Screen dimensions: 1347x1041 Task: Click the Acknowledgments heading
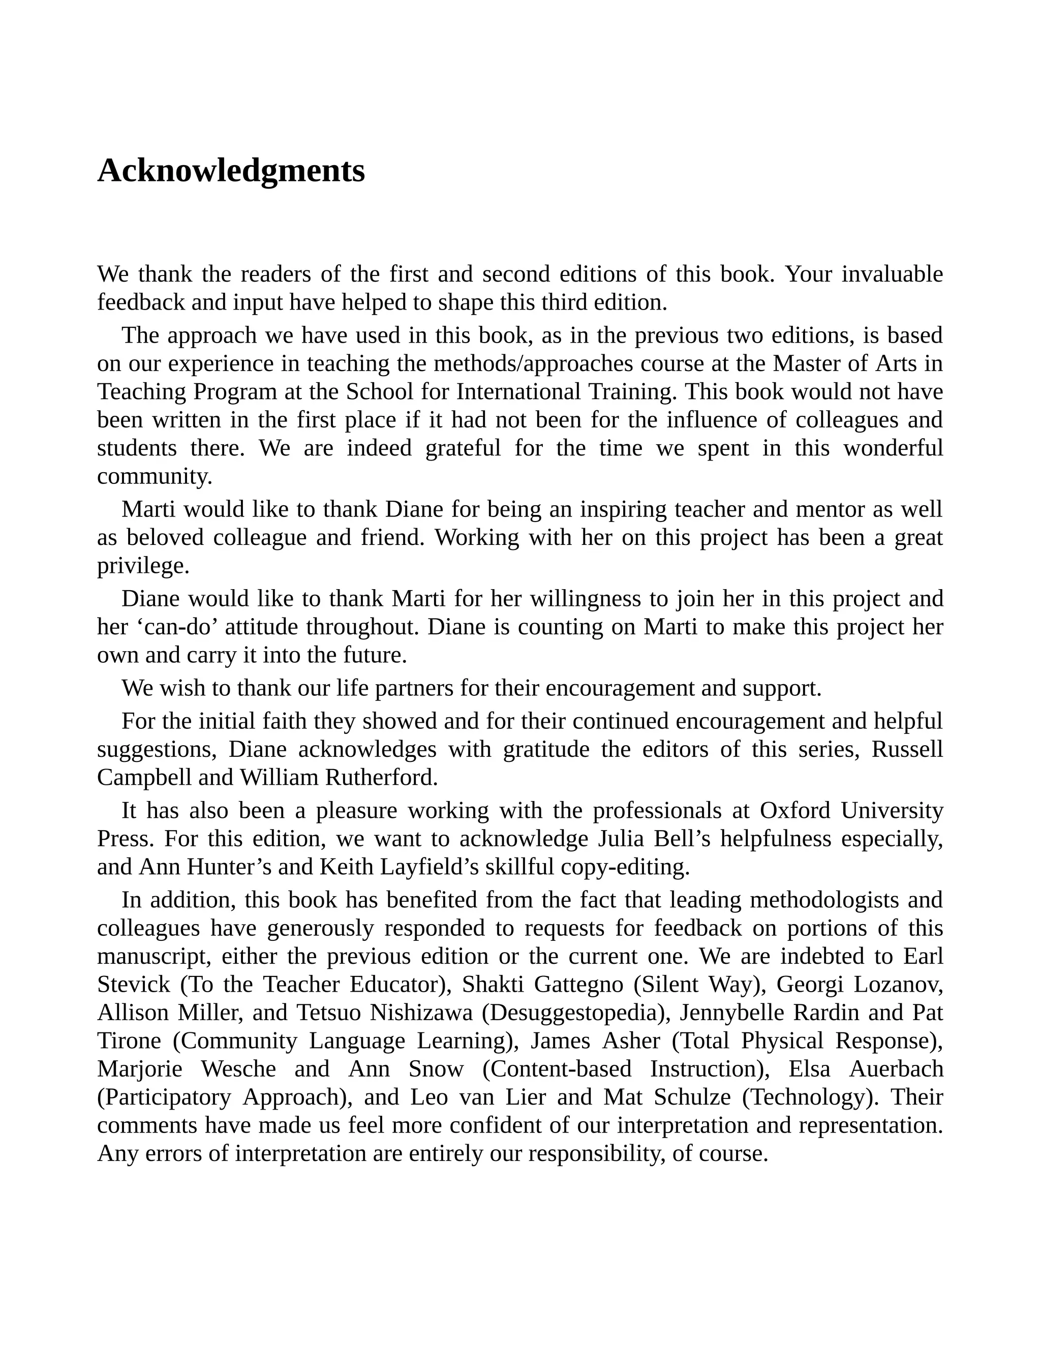click(231, 171)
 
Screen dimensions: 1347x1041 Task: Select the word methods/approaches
click(533, 363)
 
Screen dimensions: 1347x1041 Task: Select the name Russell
click(907, 749)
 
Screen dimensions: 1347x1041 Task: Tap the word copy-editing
click(625, 867)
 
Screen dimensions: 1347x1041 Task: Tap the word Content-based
click(557, 1069)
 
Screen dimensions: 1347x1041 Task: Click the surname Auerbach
click(896, 1069)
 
